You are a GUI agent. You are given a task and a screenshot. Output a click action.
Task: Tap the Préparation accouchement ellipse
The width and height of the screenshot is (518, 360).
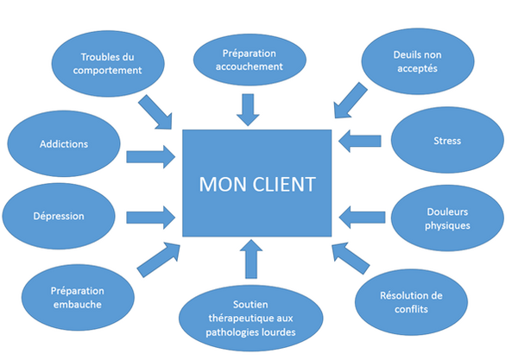[250, 59]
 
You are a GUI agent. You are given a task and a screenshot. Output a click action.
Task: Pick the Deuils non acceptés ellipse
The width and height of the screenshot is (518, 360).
[418, 60]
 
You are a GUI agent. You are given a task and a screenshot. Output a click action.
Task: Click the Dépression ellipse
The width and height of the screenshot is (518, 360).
[58, 216]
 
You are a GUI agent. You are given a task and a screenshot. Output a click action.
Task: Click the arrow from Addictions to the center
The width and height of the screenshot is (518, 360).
[152, 156]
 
